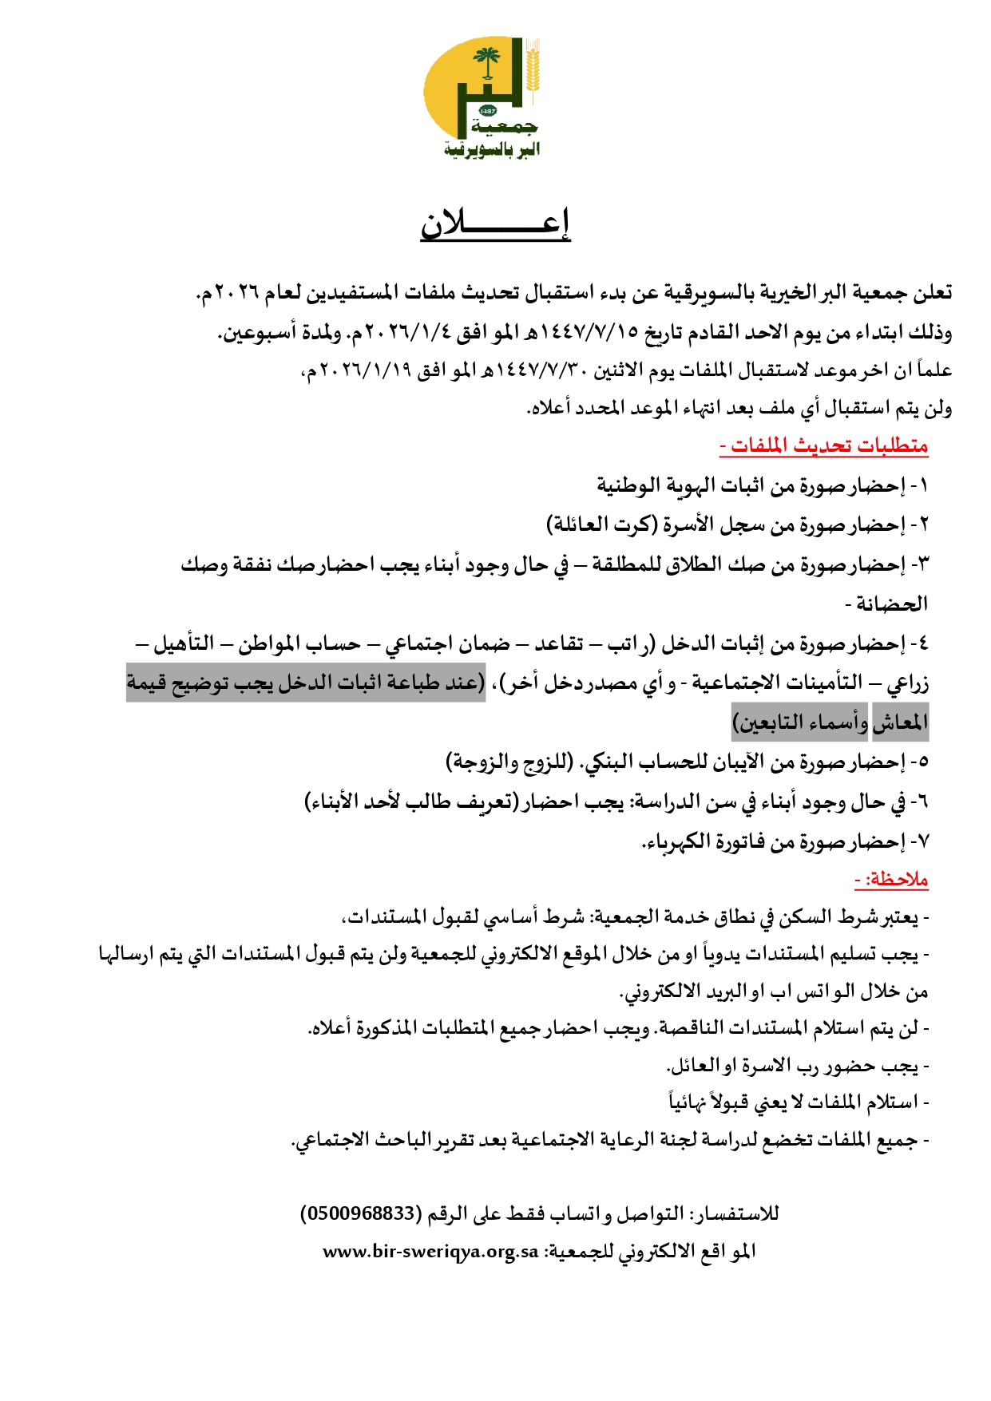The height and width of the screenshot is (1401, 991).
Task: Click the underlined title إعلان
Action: tap(495, 224)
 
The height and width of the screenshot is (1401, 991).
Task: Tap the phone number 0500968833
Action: tap(360, 1213)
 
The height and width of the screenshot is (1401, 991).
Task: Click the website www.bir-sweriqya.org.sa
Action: tap(431, 1251)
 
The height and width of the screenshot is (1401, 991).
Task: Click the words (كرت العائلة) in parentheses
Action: tap(602, 525)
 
